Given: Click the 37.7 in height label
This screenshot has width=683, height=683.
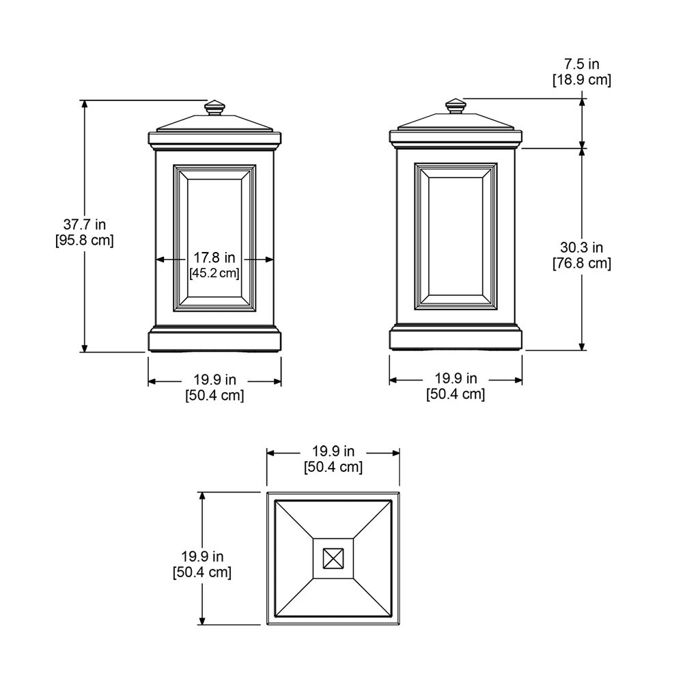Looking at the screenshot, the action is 85,224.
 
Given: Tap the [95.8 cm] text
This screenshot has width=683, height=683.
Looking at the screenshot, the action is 85,240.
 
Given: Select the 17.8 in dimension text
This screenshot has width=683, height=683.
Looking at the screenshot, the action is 214,257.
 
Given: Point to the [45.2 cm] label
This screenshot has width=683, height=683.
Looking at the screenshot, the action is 214,273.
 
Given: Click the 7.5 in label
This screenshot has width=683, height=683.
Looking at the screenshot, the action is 582,64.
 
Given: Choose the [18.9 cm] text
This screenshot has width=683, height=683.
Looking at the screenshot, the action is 582,80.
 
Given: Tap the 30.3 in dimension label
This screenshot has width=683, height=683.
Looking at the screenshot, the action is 581,247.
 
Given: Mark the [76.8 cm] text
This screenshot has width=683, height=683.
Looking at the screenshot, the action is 582,264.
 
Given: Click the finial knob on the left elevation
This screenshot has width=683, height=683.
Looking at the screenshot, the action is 214,108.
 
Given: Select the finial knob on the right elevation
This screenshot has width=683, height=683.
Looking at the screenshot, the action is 456,107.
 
